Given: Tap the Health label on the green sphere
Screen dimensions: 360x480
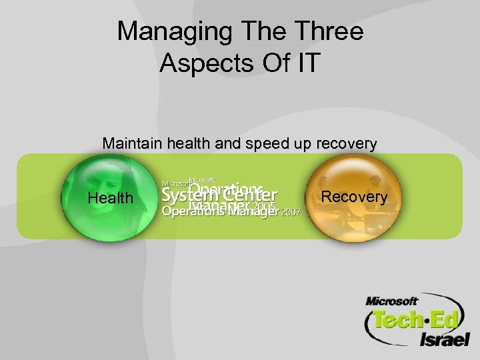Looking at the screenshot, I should [111, 198].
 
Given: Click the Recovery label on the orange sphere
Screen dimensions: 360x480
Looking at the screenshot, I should [354, 197].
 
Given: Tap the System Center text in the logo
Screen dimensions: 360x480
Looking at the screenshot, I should [219, 196].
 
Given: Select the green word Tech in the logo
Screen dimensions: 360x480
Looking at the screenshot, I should [398, 320].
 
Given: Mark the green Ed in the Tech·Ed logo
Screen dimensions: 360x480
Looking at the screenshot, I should [441, 320].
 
